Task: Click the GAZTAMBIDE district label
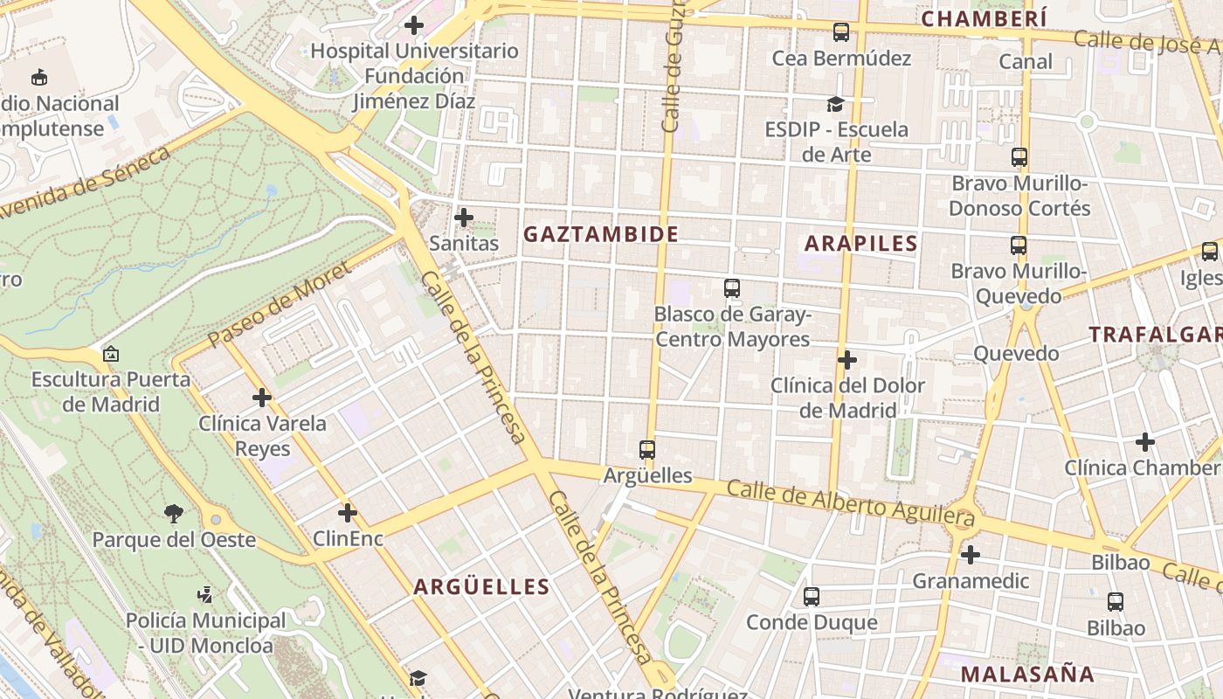coord(600,234)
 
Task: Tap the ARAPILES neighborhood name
coord(860,244)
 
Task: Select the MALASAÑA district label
coord(1027,674)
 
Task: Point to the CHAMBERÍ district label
coord(984,18)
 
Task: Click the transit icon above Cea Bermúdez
coord(841,32)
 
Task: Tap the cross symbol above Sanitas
coord(464,217)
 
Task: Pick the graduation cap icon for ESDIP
coord(836,104)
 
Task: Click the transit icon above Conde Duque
coord(812,597)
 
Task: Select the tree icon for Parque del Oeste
coord(174,514)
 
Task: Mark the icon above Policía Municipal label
coord(205,595)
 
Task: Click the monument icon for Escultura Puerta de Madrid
coord(111,354)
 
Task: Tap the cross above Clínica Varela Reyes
coord(262,398)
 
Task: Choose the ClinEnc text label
coord(348,538)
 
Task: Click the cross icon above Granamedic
coord(970,555)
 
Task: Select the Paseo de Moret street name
coord(279,303)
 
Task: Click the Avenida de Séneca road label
coord(87,182)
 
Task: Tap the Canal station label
coord(1026,62)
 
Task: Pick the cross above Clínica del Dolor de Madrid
coord(846,360)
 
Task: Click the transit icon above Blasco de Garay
coord(732,287)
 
